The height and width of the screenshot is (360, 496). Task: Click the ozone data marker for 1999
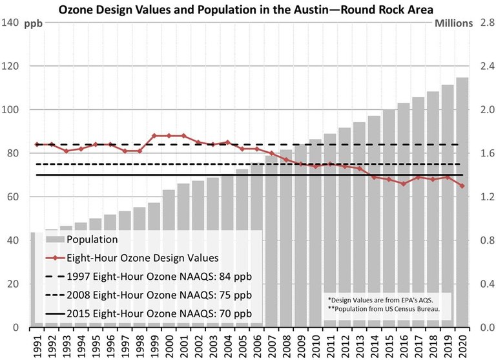tap(154, 136)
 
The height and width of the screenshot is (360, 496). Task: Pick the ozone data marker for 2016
tap(402, 184)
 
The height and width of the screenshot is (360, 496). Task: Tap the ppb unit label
tap(33, 25)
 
